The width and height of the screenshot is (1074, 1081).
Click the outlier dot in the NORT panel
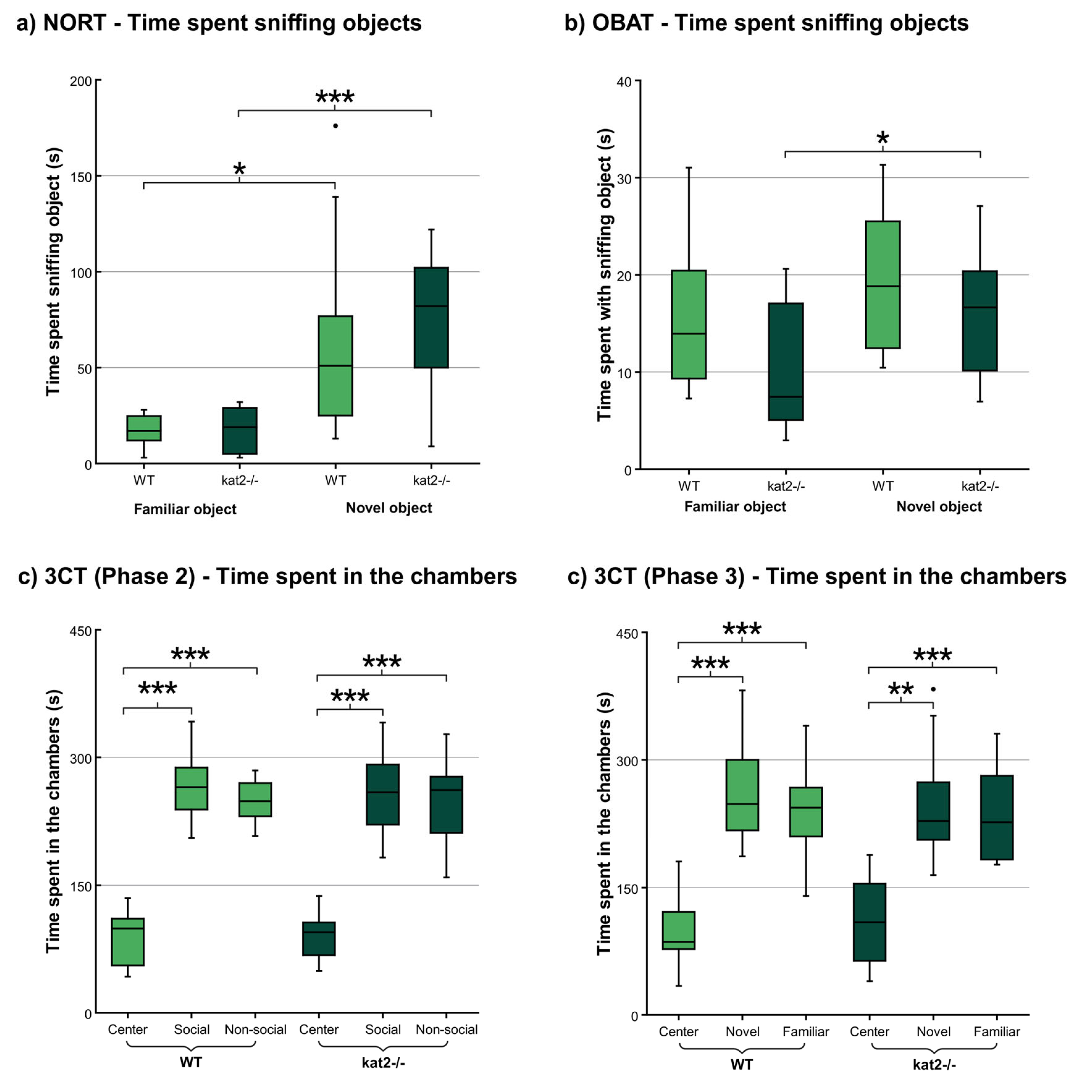point(335,126)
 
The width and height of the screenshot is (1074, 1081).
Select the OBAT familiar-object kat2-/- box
point(786,361)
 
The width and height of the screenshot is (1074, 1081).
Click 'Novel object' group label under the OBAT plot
point(939,507)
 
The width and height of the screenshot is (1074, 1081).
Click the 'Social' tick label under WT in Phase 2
point(192,1029)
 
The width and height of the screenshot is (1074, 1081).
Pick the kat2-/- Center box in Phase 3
point(869,922)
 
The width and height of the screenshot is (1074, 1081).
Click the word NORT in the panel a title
point(75,24)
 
